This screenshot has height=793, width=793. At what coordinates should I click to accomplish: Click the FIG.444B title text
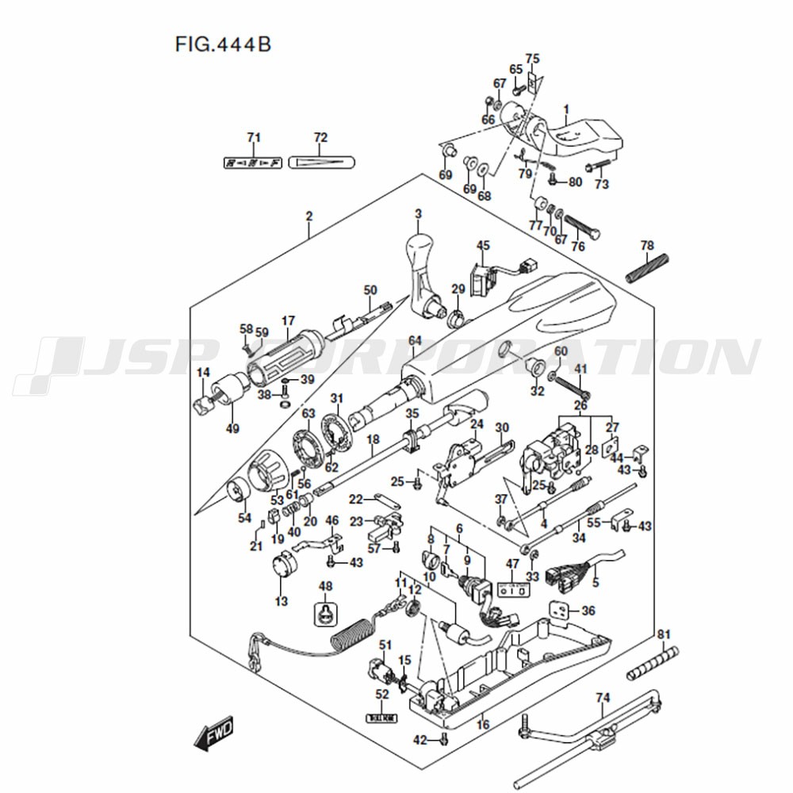(x=223, y=44)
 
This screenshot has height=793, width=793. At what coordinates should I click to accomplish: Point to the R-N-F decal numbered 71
(x=253, y=163)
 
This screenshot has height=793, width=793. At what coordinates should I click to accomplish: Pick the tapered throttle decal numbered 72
(x=321, y=163)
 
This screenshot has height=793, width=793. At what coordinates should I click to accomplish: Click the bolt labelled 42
(x=443, y=740)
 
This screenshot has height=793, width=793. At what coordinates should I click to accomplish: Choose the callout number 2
(x=309, y=216)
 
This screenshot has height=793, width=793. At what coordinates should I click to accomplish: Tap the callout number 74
(x=603, y=698)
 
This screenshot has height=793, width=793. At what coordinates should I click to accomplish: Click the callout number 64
(x=414, y=341)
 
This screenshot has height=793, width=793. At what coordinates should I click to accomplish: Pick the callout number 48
(x=325, y=586)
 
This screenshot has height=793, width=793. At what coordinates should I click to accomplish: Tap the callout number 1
(x=566, y=109)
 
